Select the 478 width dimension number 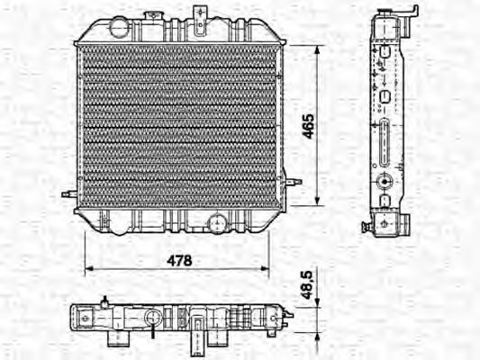point(180,259)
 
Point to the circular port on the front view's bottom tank point(217,223)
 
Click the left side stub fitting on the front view point(68,193)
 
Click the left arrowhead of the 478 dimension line point(87,268)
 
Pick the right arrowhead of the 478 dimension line point(266,268)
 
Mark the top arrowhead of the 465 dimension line point(318,46)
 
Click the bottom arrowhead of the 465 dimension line point(318,202)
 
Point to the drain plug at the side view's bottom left point(367,226)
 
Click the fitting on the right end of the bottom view point(286,316)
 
